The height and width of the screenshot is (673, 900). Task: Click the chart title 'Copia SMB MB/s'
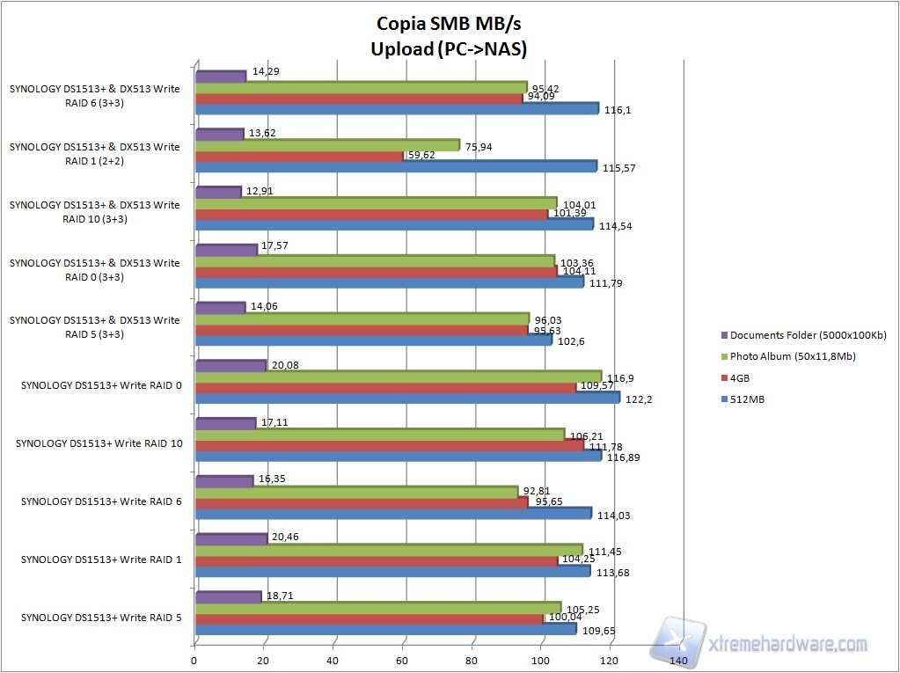pos(450,23)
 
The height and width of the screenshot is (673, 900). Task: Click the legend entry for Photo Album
pos(793,356)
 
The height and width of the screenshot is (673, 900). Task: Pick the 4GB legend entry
pos(738,377)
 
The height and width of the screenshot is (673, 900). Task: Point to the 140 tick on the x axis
pos(678,660)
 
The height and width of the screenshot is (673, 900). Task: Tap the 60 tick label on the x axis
pos(402,660)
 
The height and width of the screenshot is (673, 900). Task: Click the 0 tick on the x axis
pos(194,660)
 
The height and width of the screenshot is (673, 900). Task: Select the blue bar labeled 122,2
pos(406,398)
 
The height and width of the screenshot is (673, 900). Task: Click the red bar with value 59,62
pos(298,155)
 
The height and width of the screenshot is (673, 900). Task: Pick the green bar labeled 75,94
pos(326,144)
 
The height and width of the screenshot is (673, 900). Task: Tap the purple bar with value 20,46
pos(230,538)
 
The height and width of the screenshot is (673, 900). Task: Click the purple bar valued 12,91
pos(217,192)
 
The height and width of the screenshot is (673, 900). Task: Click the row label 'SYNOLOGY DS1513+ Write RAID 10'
pos(99,443)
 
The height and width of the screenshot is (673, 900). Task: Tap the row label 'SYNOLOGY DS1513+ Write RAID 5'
pos(101,618)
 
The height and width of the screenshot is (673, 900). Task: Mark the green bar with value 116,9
pos(398,377)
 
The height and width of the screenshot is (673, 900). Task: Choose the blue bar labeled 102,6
pos(373,340)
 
